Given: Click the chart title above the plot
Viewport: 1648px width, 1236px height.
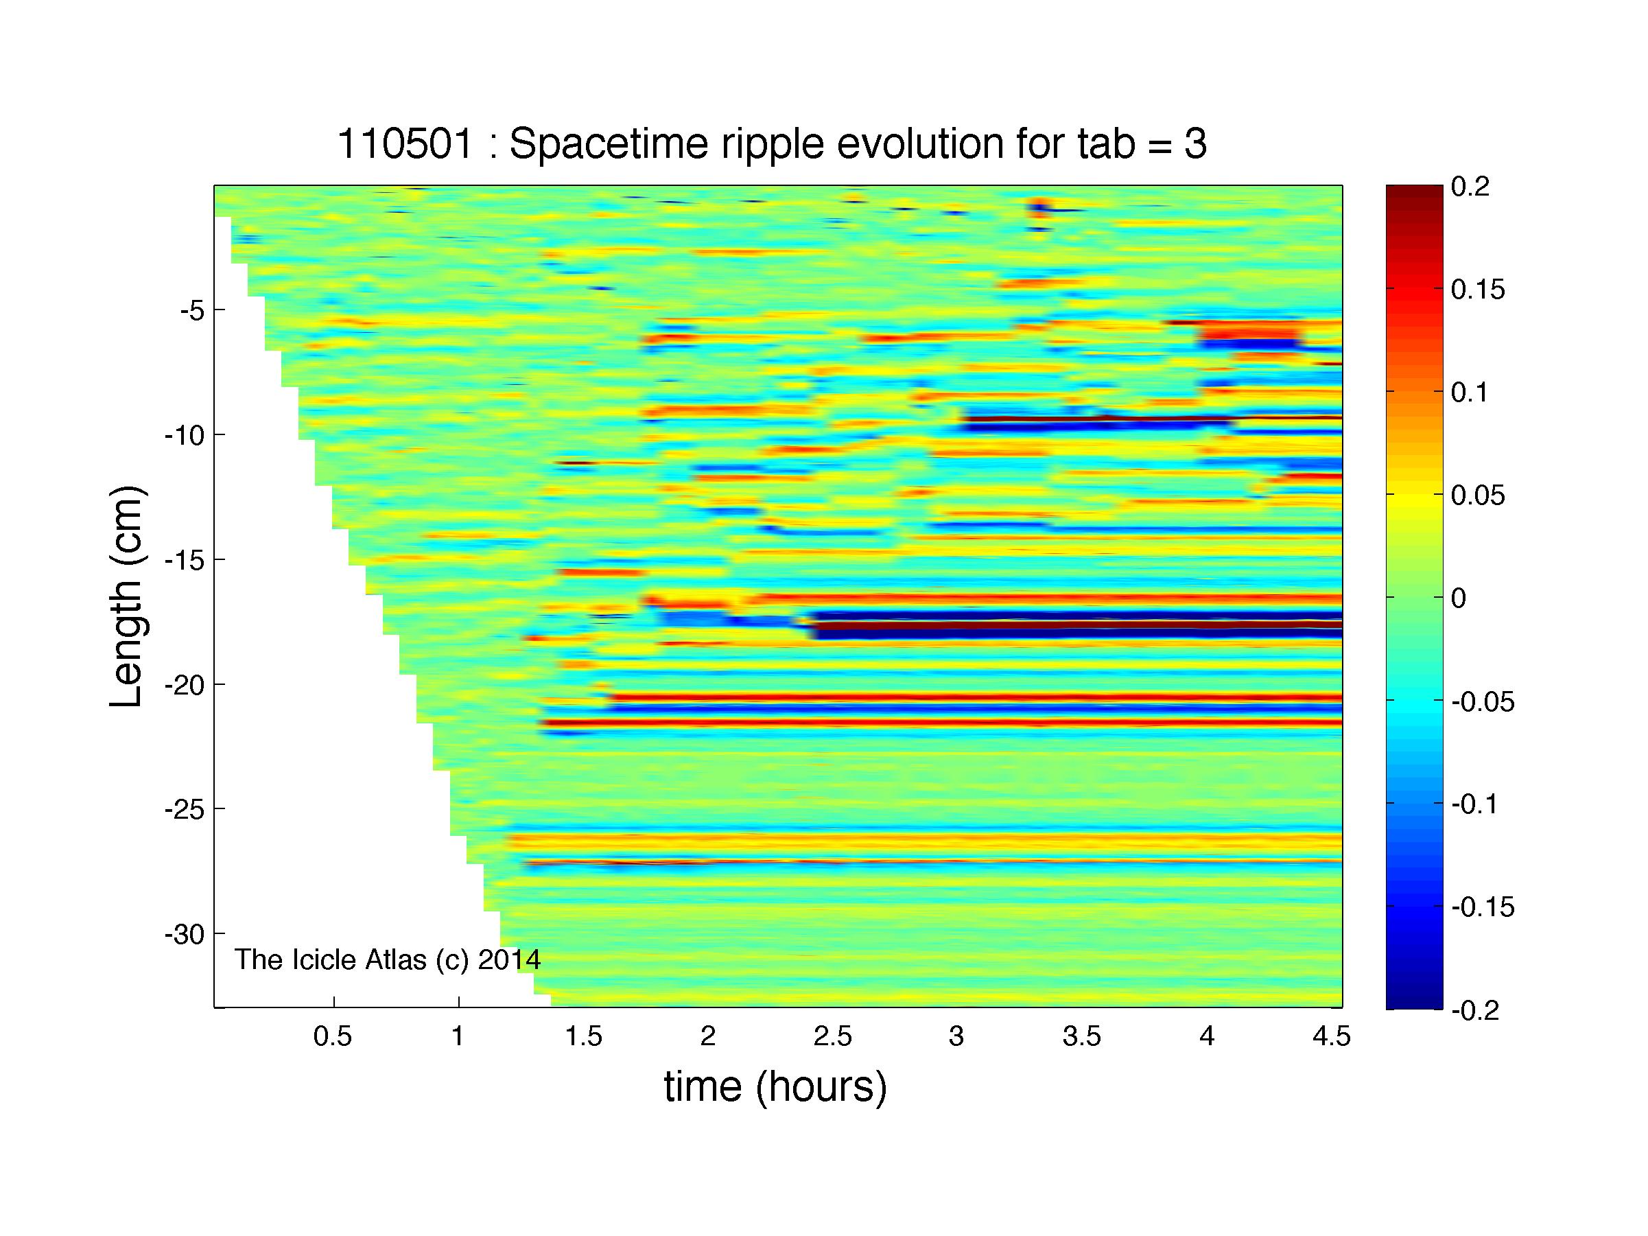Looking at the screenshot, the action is (772, 145).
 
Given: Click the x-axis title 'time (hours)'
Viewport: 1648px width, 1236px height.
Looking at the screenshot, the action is (775, 1087).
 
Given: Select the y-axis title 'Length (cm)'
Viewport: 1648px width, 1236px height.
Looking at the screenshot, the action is (126, 597).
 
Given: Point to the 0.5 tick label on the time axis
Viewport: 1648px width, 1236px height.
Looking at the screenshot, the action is (332, 1036).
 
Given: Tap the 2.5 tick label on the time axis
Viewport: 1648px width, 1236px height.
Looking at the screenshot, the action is (832, 1036).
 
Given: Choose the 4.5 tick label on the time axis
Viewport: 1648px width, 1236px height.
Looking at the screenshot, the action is (1331, 1036).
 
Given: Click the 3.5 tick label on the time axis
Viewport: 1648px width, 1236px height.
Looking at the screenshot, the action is (1082, 1036).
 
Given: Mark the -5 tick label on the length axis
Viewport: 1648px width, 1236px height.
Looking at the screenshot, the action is (192, 310).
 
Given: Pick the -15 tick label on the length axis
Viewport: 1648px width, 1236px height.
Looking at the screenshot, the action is (185, 559).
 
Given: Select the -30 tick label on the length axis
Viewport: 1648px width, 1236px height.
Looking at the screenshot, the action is (185, 934).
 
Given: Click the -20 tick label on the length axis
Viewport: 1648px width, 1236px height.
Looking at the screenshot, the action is (185, 685).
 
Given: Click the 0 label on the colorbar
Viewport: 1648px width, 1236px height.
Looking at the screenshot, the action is (1459, 598).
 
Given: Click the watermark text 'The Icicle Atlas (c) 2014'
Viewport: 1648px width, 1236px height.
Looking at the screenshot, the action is (388, 959).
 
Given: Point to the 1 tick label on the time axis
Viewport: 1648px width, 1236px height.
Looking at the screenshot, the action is (458, 1036).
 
